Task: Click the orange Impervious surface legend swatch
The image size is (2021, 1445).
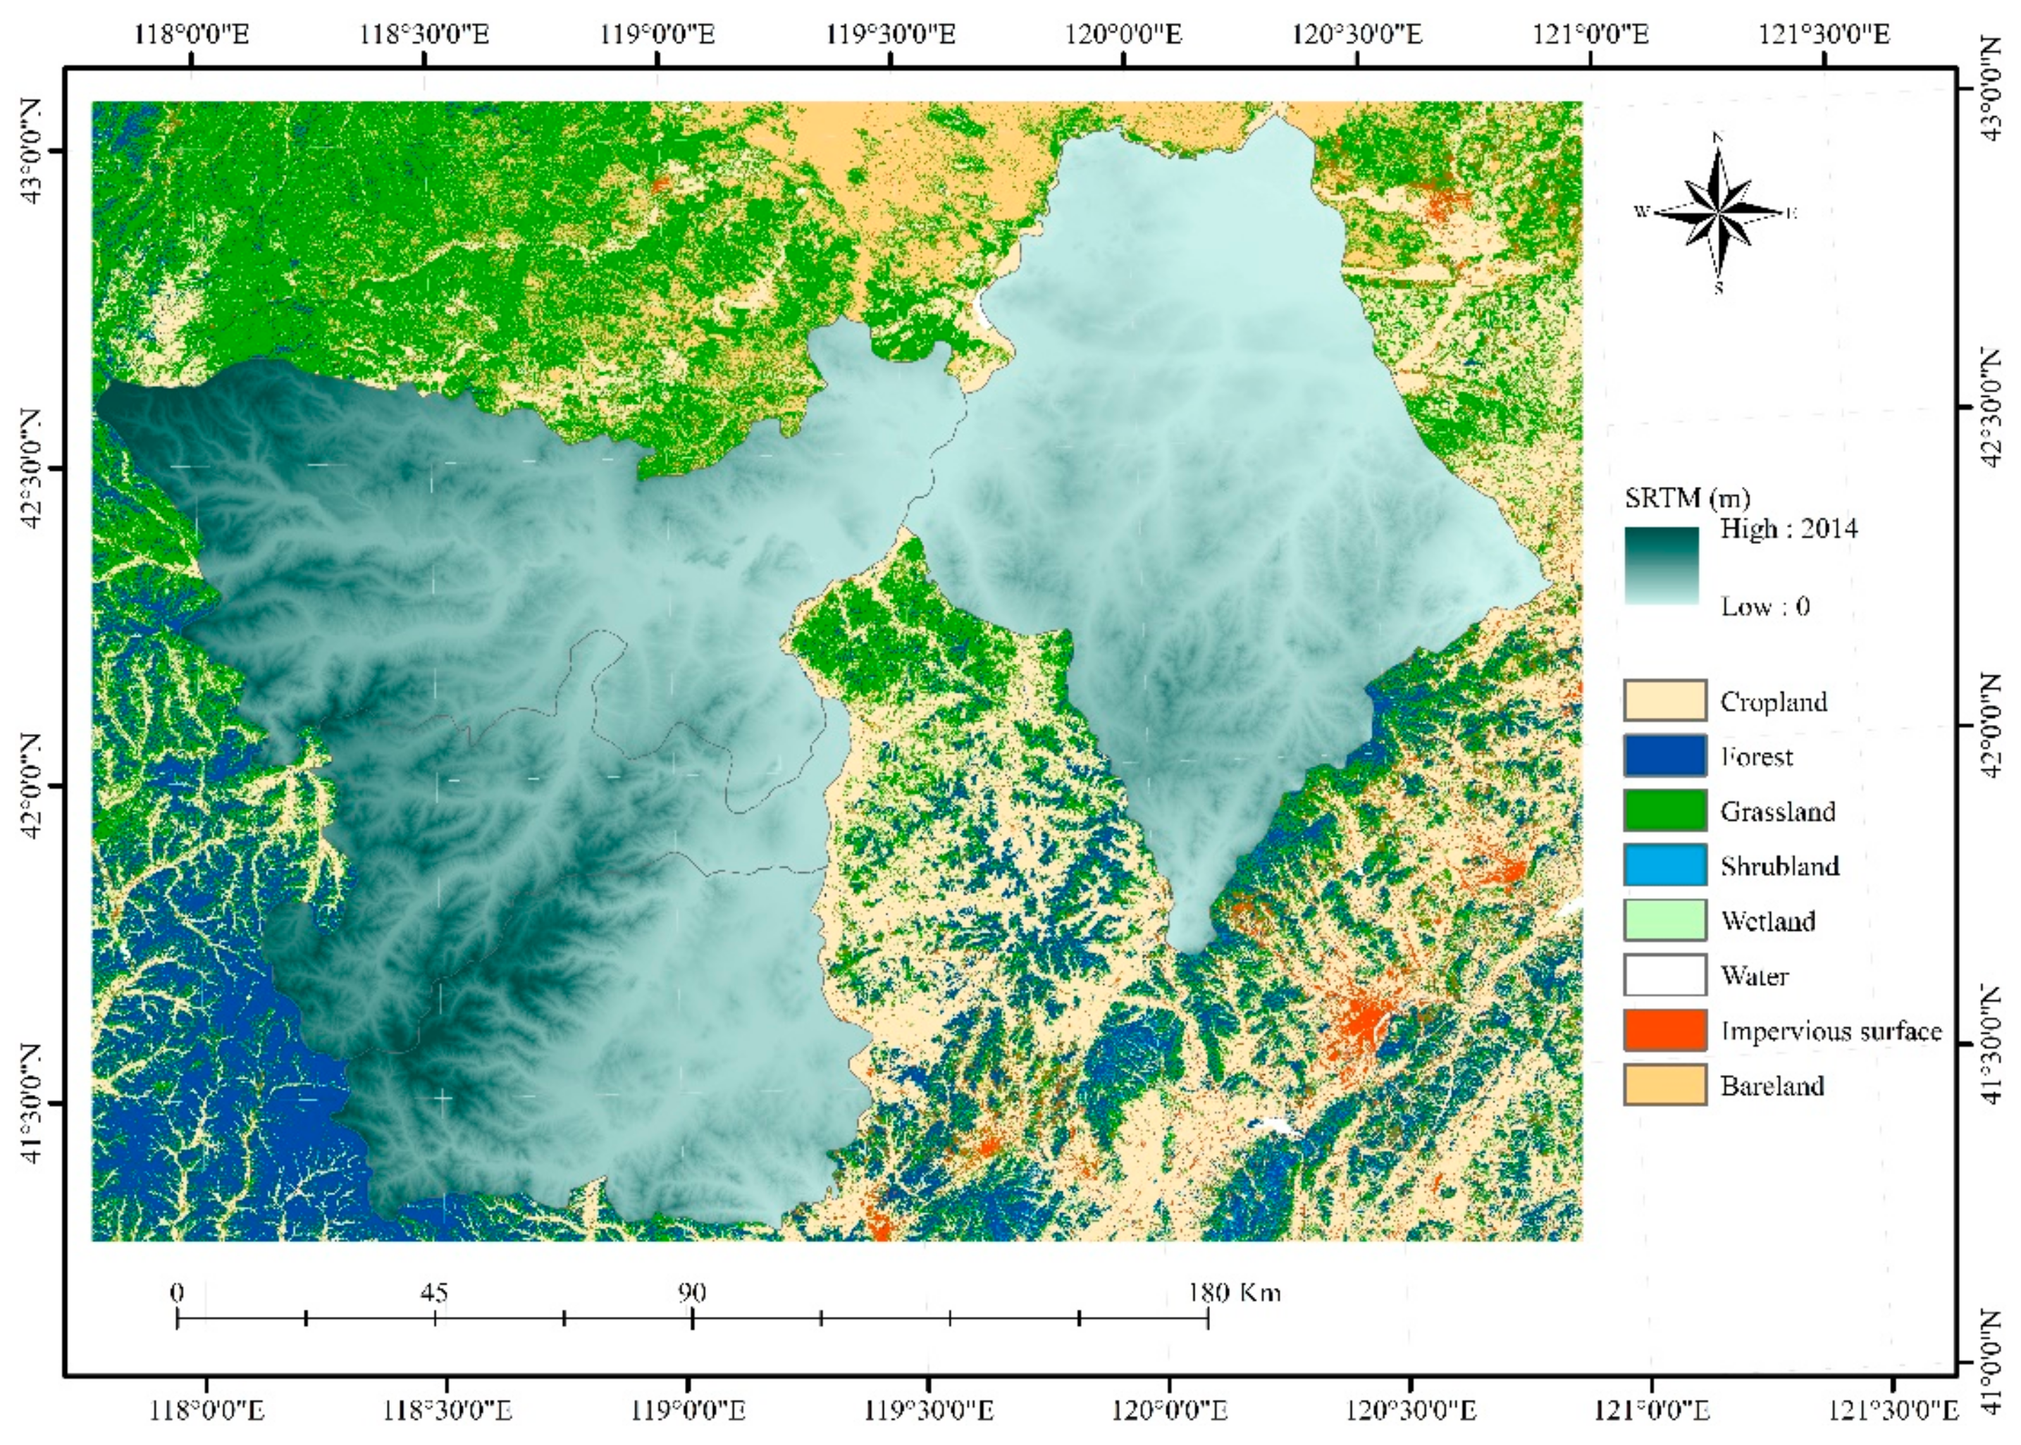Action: [1664, 1029]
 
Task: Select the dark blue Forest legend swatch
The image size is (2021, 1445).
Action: [1664, 755]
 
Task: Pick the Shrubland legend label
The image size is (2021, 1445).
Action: [1779, 866]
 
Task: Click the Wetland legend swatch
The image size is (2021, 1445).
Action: [1664, 920]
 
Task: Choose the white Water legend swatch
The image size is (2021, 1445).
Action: [1664, 975]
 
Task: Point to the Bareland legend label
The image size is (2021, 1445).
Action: [1771, 1086]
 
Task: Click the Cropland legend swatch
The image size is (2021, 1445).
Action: [1664, 700]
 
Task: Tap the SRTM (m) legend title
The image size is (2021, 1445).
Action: [1686, 497]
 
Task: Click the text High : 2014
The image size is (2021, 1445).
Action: [1788, 528]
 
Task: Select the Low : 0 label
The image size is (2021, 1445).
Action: [1764, 607]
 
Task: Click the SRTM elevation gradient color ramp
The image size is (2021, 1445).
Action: [1661, 566]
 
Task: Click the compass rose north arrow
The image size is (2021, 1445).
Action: [1717, 212]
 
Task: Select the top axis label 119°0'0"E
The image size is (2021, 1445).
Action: [657, 35]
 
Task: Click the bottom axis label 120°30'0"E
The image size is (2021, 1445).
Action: [1409, 1410]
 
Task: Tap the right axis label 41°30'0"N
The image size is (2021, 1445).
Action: [1991, 1046]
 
